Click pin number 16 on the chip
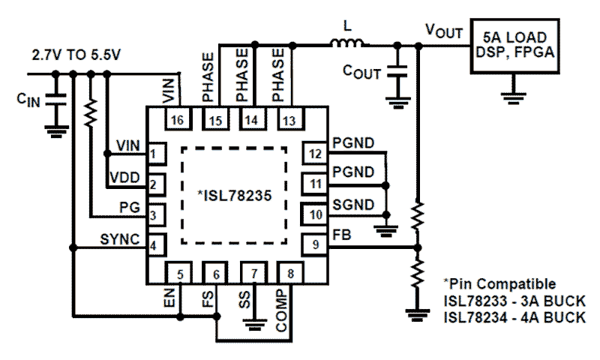[x=178, y=119]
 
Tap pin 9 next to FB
[x=316, y=244]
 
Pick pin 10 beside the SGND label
[x=316, y=214]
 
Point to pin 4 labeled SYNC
[x=153, y=244]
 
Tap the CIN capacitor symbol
[x=55, y=103]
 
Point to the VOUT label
[x=442, y=30]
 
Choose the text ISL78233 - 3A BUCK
[x=514, y=301]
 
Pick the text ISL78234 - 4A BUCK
[x=514, y=317]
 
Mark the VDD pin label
[x=124, y=178]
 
